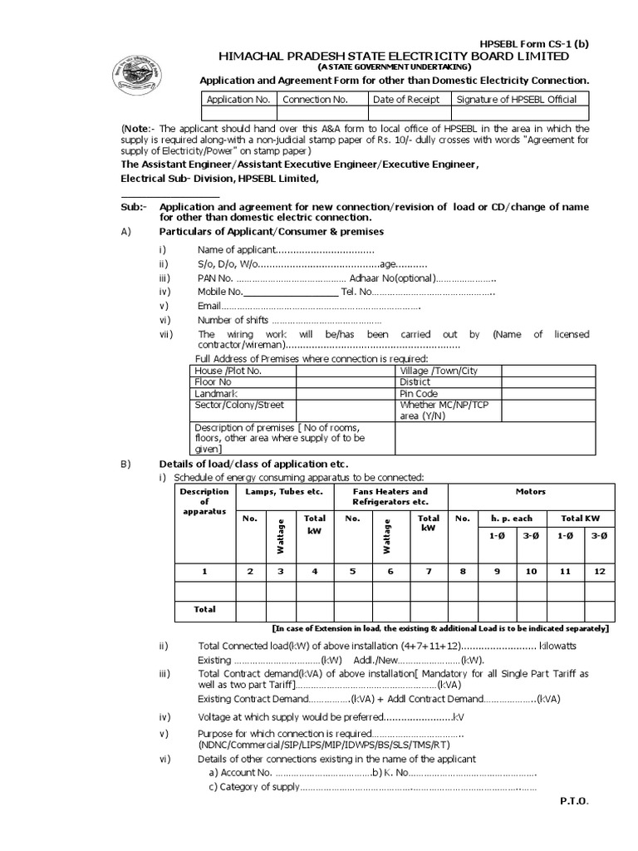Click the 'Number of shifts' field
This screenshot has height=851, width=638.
288,320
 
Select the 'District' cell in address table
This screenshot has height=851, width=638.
416,381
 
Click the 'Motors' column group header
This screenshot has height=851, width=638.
530,492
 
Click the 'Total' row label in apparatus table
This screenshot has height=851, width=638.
204,609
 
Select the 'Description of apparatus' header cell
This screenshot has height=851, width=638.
204,501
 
